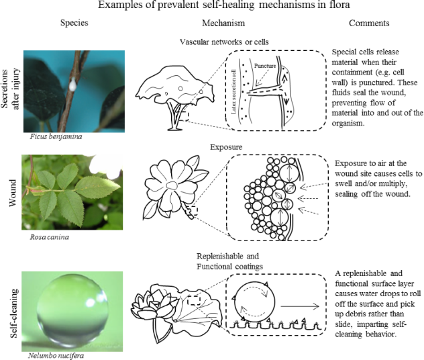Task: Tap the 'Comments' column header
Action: pos(369,24)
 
